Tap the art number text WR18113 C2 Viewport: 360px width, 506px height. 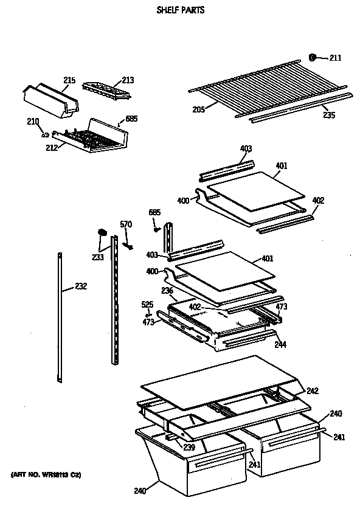pyautogui.click(x=46, y=473)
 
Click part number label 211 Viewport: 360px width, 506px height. pyautogui.click(x=336, y=58)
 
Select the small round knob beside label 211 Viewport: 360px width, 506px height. pyautogui.click(x=313, y=58)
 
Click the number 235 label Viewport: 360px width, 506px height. pyautogui.click(x=328, y=114)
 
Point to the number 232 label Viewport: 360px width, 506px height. pyautogui.click(x=81, y=286)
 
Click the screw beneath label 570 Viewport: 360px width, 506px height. pyautogui.click(x=129, y=244)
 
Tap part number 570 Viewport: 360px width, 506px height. pyautogui.click(x=125, y=225)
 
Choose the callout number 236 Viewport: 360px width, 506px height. pyautogui.click(x=167, y=291)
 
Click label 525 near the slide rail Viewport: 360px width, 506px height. pyautogui.click(x=147, y=304)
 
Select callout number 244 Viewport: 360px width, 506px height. pyautogui.click(x=280, y=344)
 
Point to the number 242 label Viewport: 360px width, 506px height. pyautogui.click(x=313, y=391)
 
